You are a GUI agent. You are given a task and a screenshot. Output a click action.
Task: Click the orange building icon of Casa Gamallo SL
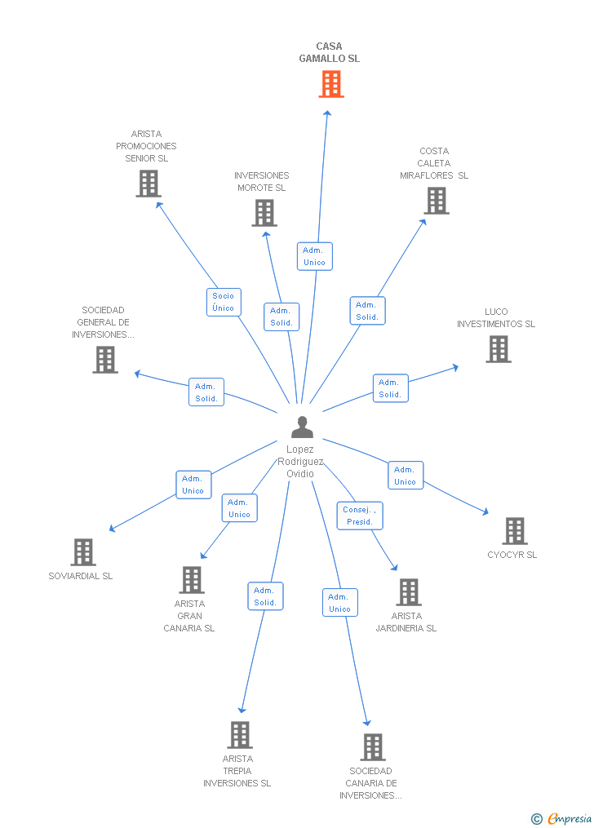330,84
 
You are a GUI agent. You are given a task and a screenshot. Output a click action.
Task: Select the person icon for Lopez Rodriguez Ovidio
302,427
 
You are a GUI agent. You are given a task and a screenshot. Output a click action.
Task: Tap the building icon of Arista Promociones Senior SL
148,184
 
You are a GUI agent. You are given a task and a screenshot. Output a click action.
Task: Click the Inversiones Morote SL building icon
264,213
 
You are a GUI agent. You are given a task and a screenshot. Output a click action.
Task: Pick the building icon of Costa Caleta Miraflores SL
437,201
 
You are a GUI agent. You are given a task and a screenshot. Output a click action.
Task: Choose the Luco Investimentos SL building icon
498,349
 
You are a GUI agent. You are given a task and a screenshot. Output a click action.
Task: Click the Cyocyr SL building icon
514,531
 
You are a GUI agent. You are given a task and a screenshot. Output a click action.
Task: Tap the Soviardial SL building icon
82,552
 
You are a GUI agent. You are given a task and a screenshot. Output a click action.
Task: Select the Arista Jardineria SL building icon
408,592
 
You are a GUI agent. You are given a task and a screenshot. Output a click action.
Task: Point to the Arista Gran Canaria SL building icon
191,580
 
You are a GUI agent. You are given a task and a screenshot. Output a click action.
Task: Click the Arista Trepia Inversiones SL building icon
239,735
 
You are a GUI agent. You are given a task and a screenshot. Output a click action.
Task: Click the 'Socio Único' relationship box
223,302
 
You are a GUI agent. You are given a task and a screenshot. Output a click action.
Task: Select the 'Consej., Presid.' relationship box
359,516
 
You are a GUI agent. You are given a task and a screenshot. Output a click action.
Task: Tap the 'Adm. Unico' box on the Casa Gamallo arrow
314,256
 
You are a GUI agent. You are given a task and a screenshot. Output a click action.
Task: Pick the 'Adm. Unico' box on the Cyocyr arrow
405,476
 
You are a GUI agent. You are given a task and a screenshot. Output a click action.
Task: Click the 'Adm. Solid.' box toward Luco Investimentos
390,388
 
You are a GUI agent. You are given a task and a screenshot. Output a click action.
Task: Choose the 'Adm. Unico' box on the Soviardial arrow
193,485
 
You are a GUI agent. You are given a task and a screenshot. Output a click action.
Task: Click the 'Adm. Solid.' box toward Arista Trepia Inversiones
265,596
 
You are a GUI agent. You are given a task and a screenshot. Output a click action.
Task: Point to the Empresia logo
562,818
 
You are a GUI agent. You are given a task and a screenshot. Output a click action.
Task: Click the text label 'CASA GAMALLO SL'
329,52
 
